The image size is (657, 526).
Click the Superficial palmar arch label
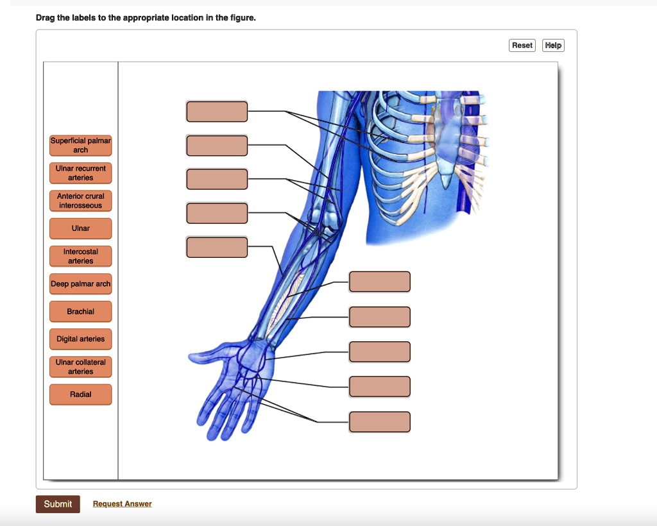click(81, 146)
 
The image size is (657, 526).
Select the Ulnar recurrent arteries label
click(81, 173)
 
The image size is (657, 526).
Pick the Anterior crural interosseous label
click(81, 201)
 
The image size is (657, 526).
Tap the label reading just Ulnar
click(81, 228)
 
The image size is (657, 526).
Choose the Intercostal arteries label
click(81, 257)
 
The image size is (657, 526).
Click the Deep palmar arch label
click(81, 284)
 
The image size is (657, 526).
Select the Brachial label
click(81, 311)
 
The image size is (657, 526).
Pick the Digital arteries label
click(81, 339)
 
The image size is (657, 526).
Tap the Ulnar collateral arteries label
click(81, 367)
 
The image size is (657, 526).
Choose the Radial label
click(81, 394)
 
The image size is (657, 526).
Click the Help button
click(553, 45)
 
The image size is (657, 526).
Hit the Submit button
click(58, 504)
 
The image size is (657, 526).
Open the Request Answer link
click(123, 504)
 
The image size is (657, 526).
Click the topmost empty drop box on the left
click(217, 112)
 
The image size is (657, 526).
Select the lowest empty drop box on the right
click(380, 422)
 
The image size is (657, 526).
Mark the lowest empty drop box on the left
click(217, 247)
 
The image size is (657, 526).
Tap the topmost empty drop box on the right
click(380, 282)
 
